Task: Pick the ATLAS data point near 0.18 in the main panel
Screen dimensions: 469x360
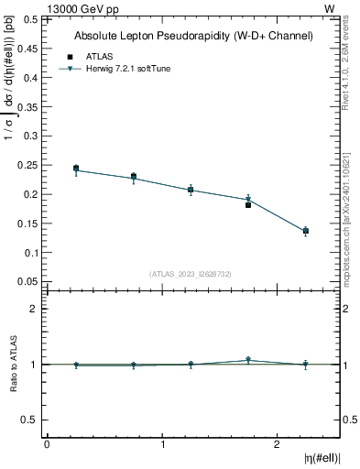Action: click(x=248, y=205)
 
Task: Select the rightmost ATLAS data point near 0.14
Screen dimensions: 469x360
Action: click(x=306, y=231)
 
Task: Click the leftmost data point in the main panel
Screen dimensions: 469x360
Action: click(x=76, y=169)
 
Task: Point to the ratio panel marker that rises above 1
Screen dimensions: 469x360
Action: click(x=248, y=360)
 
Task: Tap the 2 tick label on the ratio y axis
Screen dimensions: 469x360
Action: click(x=33, y=309)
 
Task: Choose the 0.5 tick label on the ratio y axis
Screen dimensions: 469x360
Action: click(x=28, y=420)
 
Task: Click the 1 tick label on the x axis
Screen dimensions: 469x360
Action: click(x=162, y=444)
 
